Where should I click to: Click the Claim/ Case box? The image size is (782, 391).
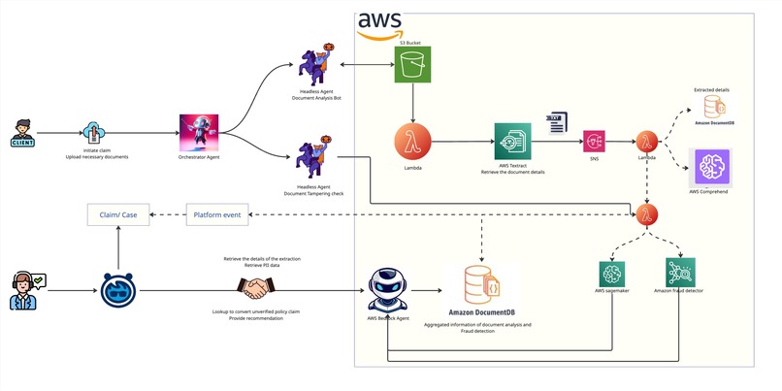pyautogui.click(x=117, y=213)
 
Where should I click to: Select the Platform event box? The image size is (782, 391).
pyautogui.click(x=218, y=213)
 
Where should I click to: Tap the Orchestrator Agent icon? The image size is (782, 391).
pyautogui.click(x=199, y=133)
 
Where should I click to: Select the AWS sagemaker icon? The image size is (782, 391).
pyautogui.click(x=614, y=275)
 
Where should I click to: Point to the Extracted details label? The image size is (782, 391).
pyautogui.click(x=711, y=89)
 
